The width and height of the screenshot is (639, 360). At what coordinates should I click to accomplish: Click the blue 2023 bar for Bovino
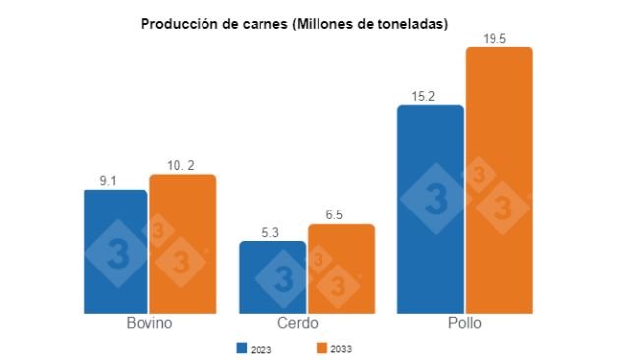(116, 251)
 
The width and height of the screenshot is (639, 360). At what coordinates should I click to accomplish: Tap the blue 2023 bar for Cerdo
(272, 276)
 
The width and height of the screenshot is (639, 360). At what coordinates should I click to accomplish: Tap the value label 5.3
(271, 232)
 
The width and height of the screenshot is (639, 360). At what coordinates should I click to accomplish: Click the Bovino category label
(149, 324)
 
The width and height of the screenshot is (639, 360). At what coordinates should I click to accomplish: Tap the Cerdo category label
(307, 324)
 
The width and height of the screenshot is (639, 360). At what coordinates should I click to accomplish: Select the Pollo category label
(464, 324)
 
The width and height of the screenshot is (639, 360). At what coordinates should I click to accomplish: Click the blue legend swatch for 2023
(240, 347)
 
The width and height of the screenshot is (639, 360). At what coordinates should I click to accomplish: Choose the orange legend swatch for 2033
(320, 347)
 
